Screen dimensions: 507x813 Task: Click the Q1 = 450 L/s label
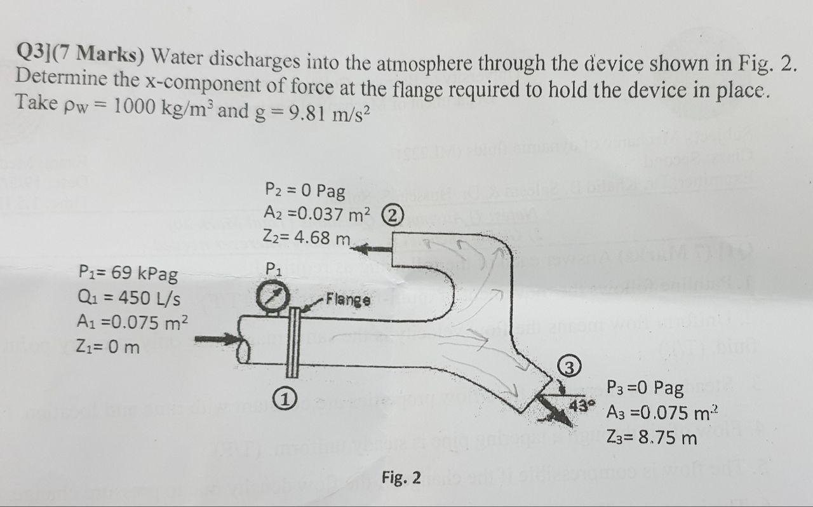coord(126,298)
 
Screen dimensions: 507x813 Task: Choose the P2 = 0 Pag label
coord(304,190)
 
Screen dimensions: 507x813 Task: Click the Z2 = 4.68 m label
coord(307,239)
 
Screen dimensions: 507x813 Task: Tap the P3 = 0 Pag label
coord(645,387)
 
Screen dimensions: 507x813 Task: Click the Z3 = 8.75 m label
coord(652,438)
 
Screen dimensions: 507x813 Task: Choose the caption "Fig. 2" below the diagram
coord(401,477)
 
